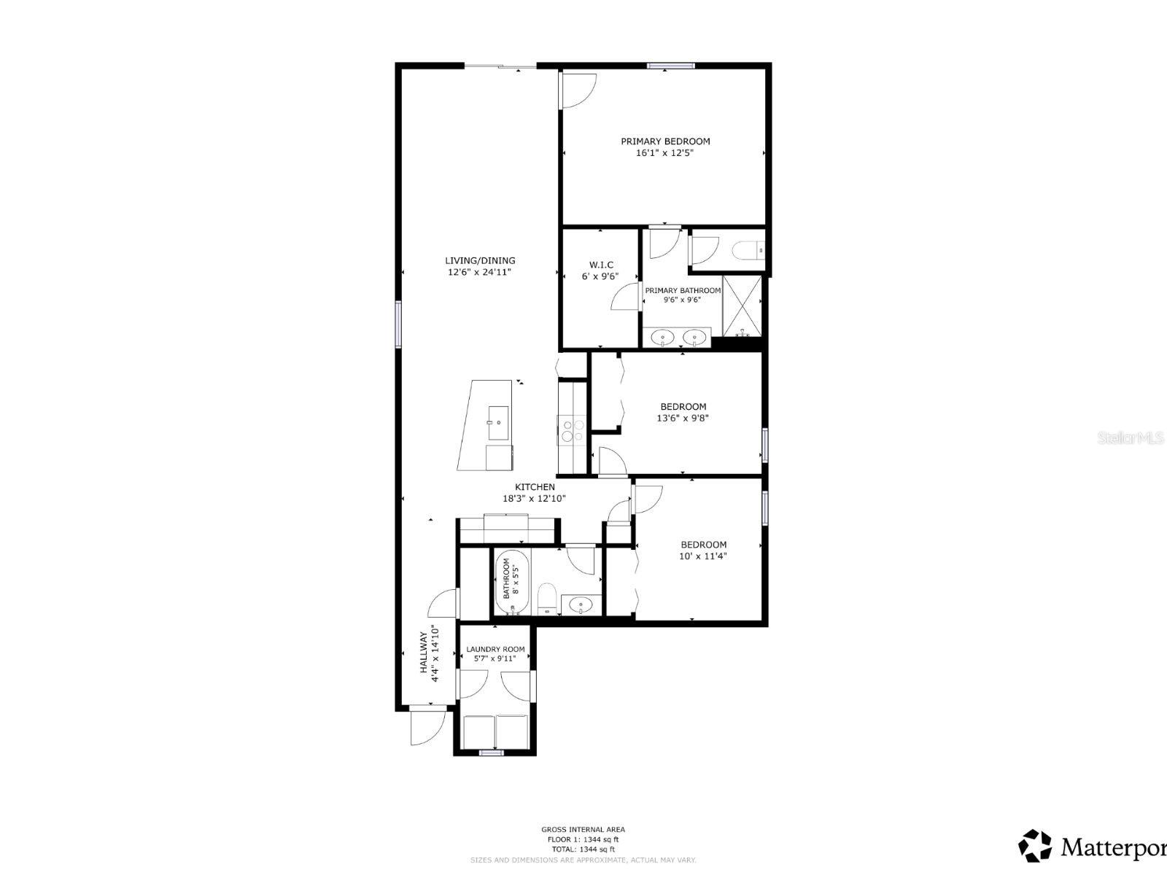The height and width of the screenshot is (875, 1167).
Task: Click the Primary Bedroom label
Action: pyautogui.click(x=665, y=141)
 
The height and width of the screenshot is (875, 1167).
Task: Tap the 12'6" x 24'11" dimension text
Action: pyautogui.click(x=480, y=272)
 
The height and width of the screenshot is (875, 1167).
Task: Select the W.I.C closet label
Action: pyautogui.click(x=601, y=265)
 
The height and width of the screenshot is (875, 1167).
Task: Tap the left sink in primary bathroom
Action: pyautogui.click(x=662, y=337)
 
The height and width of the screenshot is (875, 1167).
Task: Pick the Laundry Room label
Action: pyautogui.click(x=495, y=649)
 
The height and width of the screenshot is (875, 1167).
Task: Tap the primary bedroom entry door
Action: pyautogui.click(x=578, y=91)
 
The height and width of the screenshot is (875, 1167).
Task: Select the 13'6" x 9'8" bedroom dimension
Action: pyautogui.click(x=683, y=419)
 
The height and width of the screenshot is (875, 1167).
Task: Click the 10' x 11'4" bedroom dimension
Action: pyautogui.click(x=703, y=556)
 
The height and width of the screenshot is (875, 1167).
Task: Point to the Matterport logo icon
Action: pyautogui.click(x=1035, y=846)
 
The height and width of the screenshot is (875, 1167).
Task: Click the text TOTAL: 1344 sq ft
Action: pyautogui.click(x=583, y=849)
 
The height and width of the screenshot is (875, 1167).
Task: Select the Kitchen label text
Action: pyautogui.click(x=535, y=487)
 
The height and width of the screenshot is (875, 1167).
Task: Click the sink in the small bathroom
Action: pyautogui.click(x=581, y=604)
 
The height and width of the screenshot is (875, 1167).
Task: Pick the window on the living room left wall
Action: pyautogui.click(x=399, y=323)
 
